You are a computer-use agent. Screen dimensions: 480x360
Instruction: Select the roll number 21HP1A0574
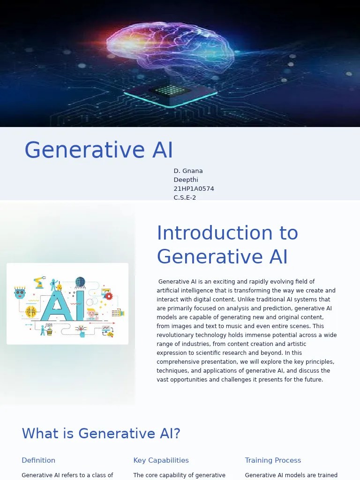coord(194,188)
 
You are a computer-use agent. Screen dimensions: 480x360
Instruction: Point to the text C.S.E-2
coord(185,197)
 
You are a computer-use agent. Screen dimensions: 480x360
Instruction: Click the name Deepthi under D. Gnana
coord(186,180)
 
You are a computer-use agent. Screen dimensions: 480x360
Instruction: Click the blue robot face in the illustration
coord(20,293)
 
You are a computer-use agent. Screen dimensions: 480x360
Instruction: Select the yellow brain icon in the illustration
coord(31,311)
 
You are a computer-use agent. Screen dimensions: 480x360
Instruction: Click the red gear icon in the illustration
coord(109,296)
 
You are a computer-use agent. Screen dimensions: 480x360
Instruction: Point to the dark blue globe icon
coord(80,282)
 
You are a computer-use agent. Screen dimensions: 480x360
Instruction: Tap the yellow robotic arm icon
coord(38,282)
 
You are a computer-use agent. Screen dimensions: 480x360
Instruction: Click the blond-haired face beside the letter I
coord(92,314)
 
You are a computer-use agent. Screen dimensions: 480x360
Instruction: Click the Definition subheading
coord(38,460)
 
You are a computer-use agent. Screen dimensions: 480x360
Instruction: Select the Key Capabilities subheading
coord(161,460)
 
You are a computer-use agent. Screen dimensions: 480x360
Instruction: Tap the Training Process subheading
coord(273,460)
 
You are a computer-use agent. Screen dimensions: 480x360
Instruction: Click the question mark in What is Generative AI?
coord(176,434)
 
